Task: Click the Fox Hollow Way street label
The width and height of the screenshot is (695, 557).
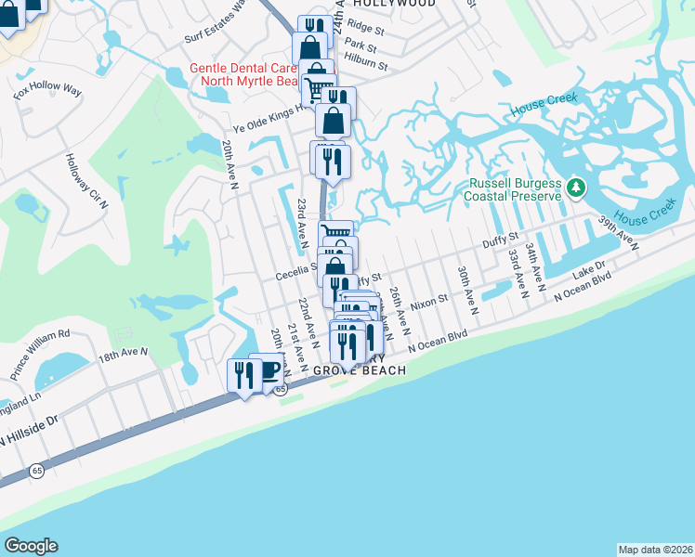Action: [x=47, y=91]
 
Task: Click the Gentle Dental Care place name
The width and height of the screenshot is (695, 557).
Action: [x=243, y=68]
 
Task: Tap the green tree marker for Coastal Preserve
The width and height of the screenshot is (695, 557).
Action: [x=576, y=188]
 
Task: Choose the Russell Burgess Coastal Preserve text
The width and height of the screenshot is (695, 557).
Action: [x=516, y=189]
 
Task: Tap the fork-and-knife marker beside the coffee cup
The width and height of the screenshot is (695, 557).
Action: [x=243, y=376]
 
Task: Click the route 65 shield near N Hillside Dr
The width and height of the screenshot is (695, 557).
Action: [x=36, y=472]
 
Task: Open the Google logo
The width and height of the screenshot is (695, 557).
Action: [x=31, y=546]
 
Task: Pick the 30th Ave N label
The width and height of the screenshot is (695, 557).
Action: [x=466, y=291]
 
